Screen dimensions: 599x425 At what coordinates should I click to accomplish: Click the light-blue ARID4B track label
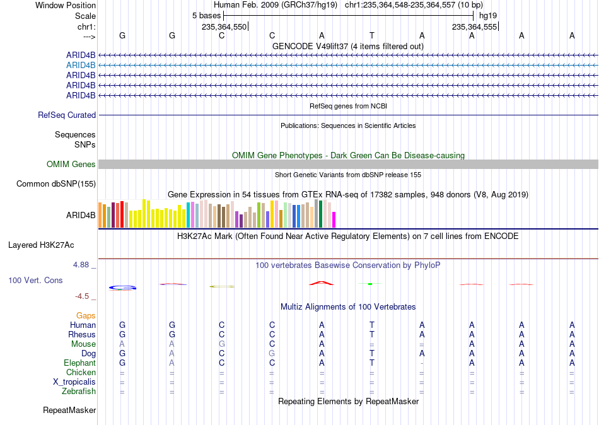[81, 66]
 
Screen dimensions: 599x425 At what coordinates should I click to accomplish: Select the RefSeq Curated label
[67, 115]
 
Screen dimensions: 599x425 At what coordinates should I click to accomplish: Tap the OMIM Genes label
[71, 165]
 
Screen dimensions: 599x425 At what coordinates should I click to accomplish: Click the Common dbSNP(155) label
[56, 184]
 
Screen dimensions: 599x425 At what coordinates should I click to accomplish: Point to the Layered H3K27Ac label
[41, 245]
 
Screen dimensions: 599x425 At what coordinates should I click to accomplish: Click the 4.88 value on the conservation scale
[81, 264]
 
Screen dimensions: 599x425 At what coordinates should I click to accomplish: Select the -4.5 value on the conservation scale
[82, 296]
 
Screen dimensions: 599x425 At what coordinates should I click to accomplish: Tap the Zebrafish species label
[79, 392]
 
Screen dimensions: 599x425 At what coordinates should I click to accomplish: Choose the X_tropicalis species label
[74, 382]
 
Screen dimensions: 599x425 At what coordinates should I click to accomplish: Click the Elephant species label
[79, 363]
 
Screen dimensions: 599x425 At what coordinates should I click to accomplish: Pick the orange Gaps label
[86, 316]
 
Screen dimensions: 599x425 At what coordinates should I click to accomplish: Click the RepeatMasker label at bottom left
[69, 410]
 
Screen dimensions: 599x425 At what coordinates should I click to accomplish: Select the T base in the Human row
[372, 325]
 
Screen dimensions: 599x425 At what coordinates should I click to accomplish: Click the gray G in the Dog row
[272, 354]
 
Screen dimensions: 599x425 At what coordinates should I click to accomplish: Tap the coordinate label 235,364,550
[224, 26]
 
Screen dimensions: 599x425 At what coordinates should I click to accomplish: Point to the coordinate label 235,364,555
[474, 26]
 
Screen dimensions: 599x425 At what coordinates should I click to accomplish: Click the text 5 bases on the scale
[206, 16]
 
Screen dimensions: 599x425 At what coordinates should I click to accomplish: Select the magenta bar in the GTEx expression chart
[334, 220]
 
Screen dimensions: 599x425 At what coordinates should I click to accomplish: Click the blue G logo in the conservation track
[122, 288]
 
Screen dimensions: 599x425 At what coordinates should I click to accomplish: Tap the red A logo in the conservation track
[322, 283]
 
